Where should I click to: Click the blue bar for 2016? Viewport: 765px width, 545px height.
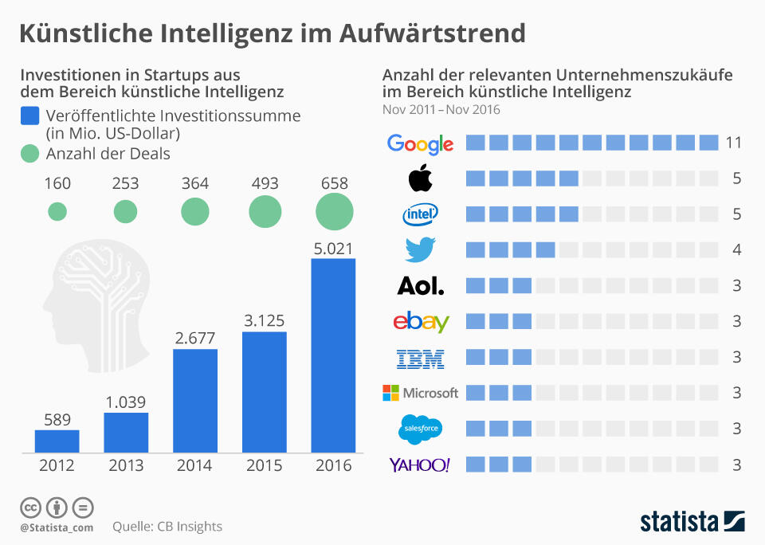click(x=333, y=355)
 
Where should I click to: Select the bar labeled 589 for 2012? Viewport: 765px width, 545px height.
click(x=57, y=441)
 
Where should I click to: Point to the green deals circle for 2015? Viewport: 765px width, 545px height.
click(x=265, y=212)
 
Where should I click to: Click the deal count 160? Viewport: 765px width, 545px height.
click(x=57, y=183)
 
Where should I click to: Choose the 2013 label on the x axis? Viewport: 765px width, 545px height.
click(x=126, y=466)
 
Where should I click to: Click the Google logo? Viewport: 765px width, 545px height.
click(x=420, y=143)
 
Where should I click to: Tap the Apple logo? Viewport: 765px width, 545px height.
click(x=420, y=178)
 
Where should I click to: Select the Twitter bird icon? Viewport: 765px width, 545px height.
click(x=420, y=249)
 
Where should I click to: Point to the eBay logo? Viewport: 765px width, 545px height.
click(x=421, y=321)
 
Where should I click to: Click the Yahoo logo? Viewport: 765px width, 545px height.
click(x=419, y=465)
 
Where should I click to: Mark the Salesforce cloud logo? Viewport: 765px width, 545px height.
click(x=420, y=429)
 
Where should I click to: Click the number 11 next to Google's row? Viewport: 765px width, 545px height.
click(x=734, y=143)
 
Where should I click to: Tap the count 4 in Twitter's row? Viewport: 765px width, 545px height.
click(x=737, y=250)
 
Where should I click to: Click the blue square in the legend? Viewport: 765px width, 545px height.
click(x=29, y=116)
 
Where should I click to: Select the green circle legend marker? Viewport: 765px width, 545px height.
click(x=29, y=154)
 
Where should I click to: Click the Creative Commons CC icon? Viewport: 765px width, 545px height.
click(x=30, y=507)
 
